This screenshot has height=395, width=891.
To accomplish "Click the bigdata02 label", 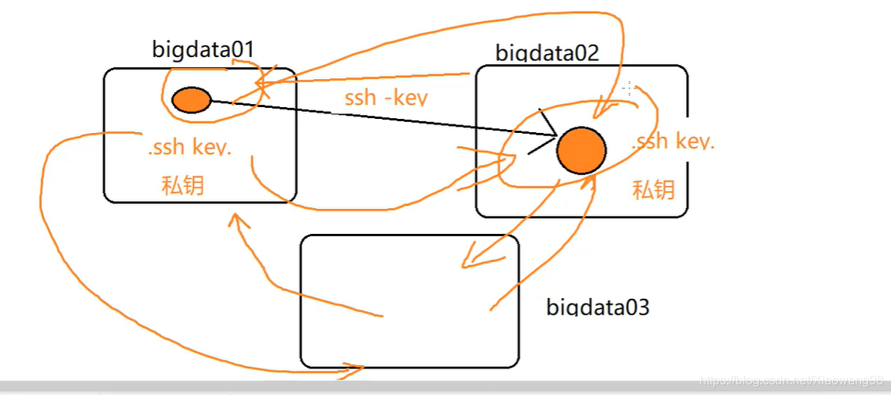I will [x=547, y=53].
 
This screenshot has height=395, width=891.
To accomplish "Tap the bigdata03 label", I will [x=598, y=306].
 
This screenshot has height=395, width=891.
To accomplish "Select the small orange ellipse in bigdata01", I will [x=191, y=100].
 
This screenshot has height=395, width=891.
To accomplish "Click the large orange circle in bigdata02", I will [x=581, y=151].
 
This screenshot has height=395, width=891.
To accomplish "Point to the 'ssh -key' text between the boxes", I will [x=386, y=98].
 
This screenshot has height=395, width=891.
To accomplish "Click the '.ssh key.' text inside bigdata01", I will [x=189, y=148].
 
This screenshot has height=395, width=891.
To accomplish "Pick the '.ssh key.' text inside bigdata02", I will [x=673, y=142].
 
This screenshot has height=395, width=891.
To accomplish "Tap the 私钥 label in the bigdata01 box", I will [x=183, y=185].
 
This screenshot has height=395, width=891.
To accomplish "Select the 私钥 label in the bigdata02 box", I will [x=653, y=190].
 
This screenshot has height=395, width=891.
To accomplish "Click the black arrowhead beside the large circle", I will [x=544, y=134].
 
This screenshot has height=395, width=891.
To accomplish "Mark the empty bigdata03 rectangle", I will [x=409, y=301].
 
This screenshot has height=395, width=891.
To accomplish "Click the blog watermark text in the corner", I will [x=790, y=381].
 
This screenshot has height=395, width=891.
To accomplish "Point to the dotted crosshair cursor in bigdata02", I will [x=627, y=88].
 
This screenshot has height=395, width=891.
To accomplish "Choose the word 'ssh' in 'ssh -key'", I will [x=361, y=99].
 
